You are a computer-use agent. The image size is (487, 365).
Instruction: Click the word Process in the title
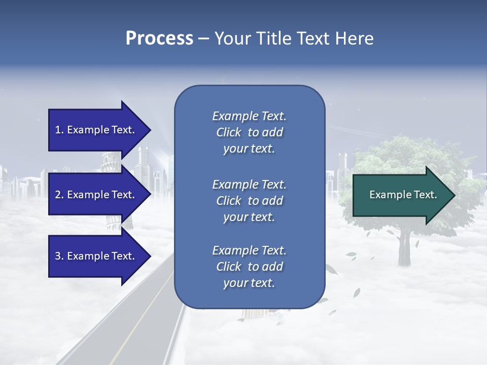tap(159, 39)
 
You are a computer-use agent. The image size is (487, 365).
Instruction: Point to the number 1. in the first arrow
tap(59, 130)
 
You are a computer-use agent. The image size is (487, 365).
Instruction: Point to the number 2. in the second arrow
tap(59, 195)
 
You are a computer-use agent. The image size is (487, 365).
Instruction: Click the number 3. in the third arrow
tap(59, 257)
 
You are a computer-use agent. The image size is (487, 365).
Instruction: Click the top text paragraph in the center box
tap(249, 132)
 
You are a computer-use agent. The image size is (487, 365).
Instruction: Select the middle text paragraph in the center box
tap(249, 201)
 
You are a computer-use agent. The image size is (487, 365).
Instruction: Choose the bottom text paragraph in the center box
tap(249, 267)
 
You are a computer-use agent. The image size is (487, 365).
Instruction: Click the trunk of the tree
tap(403, 248)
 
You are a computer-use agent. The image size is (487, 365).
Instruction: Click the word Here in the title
tap(355, 39)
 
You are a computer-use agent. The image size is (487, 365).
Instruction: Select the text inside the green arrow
tap(403, 195)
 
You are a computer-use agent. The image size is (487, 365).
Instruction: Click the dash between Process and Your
tap(204, 39)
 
